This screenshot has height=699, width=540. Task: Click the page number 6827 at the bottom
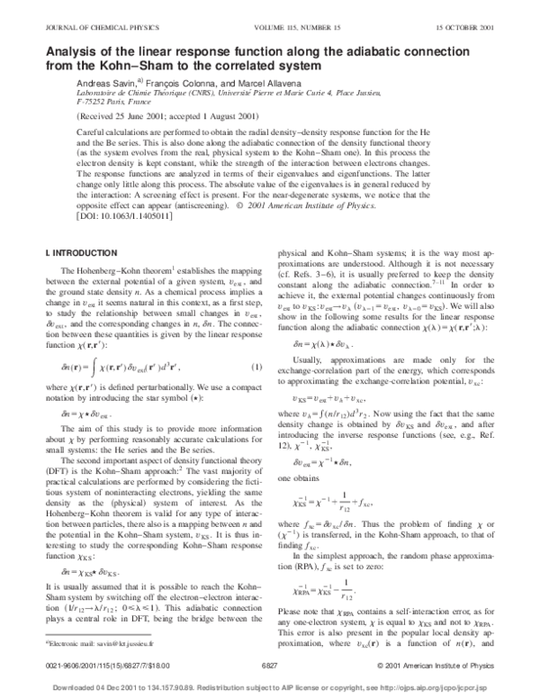[x=269, y=665]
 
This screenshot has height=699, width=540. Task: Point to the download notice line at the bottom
[x=269, y=685]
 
